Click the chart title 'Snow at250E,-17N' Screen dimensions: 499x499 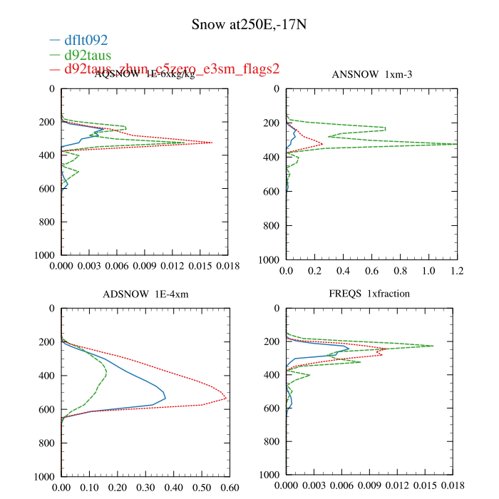point(249,25)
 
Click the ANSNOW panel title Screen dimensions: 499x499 point(371,75)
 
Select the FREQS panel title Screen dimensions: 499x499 point(370,294)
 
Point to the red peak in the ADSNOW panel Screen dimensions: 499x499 point(226,398)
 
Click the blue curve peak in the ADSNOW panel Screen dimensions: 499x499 point(165,396)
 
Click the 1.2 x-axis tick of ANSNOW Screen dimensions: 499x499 point(457,272)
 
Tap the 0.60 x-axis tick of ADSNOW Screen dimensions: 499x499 point(230,488)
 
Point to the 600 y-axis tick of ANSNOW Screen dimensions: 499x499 point(270,191)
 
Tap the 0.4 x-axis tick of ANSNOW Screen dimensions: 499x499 point(343,272)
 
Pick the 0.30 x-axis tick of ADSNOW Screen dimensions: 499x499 point(145,488)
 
